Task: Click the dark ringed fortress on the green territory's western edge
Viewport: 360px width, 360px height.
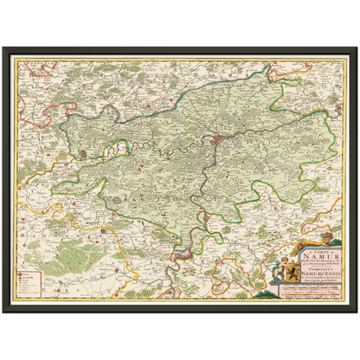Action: (82, 154)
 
